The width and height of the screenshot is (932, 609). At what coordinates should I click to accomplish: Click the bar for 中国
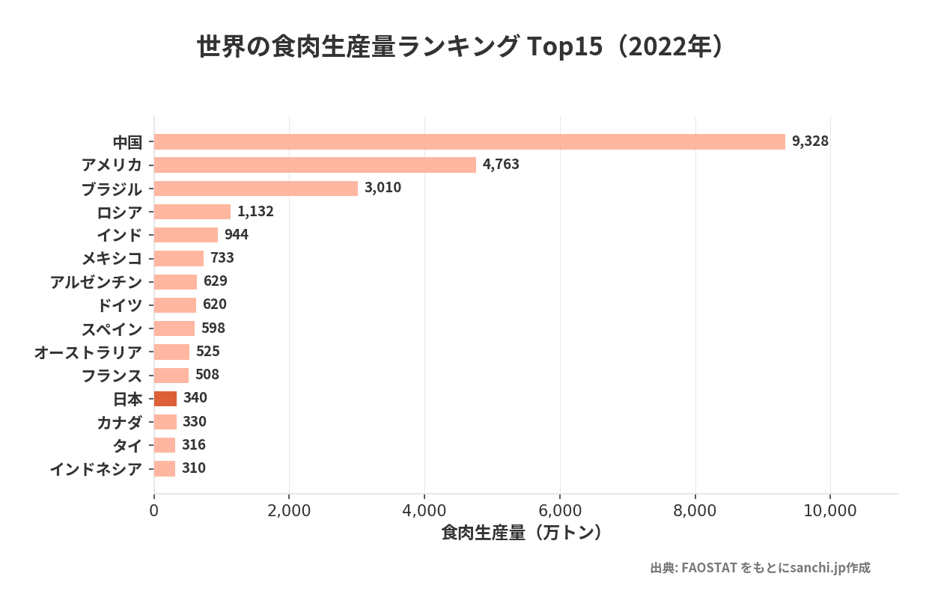(x=469, y=141)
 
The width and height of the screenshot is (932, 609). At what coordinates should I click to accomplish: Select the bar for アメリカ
(x=315, y=165)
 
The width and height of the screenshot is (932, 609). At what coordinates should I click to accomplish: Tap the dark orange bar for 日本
(x=165, y=398)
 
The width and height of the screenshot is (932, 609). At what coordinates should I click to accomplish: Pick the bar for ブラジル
(x=256, y=188)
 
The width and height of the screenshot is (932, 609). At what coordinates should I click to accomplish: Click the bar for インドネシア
(x=165, y=468)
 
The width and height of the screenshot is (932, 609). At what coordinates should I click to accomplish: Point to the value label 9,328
(x=810, y=141)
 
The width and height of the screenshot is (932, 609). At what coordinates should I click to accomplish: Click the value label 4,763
(x=501, y=165)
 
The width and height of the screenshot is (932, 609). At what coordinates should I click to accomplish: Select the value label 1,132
(x=255, y=211)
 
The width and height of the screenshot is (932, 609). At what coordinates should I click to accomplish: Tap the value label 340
(x=195, y=398)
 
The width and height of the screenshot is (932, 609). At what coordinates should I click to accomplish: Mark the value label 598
(x=213, y=328)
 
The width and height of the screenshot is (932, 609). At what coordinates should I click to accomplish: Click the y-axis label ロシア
(x=119, y=212)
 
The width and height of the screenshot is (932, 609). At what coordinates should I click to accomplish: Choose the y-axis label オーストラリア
(x=88, y=352)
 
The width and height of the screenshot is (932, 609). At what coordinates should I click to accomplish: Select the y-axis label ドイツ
(x=119, y=305)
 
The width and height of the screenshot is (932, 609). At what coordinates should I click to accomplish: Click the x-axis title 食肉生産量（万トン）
(x=523, y=533)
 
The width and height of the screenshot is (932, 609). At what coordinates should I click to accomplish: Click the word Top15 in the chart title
(x=565, y=47)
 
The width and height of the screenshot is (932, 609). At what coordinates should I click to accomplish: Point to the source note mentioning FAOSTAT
(x=760, y=568)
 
